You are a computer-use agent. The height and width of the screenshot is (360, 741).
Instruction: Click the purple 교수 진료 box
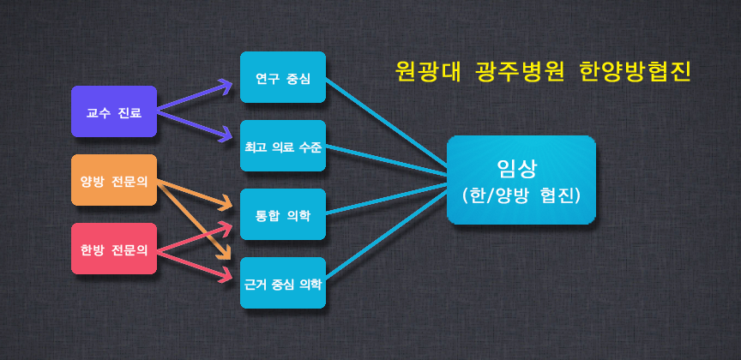coord(114,111)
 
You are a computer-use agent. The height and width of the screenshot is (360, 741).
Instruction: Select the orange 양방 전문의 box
coord(114,180)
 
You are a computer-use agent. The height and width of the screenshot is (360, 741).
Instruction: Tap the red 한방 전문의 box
coord(114,249)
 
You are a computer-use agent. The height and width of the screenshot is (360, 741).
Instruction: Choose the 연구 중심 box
coord(283,77)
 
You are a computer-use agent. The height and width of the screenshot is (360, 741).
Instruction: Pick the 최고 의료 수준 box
coord(283,146)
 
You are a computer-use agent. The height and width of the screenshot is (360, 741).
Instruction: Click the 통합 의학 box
coord(283,214)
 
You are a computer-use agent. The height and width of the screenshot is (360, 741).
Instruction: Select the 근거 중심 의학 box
coord(283,283)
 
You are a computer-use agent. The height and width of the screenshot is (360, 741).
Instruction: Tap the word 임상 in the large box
coord(516,168)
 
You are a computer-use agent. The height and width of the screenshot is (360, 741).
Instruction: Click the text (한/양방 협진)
coord(521,195)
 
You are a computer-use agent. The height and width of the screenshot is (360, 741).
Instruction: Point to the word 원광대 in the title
coord(428,72)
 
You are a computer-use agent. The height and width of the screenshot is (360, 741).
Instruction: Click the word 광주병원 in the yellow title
coord(520,72)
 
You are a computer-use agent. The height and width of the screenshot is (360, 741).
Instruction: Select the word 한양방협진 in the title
coord(634,72)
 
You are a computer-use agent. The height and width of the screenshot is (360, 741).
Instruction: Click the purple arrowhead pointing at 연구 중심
coord(225,85)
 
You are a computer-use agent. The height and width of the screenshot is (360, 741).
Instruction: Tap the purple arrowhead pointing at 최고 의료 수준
coord(226,136)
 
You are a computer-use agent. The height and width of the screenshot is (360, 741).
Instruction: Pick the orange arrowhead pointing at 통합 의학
coord(226,205)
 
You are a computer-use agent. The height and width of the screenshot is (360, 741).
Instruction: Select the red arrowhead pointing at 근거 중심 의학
coord(226,276)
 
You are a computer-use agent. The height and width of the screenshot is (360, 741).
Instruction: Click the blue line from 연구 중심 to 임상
coord(387,123)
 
